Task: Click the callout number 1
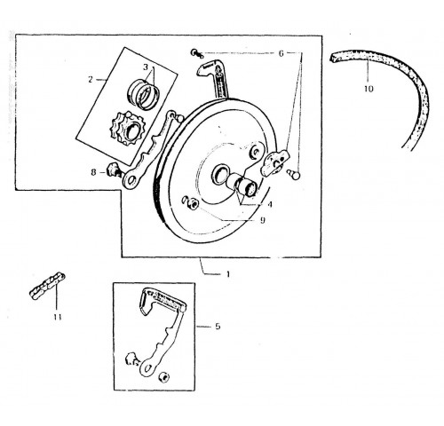[x=228, y=274]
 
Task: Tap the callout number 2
[x=91, y=79]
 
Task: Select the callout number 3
[x=146, y=67]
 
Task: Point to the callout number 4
[x=270, y=204]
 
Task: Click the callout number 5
[x=218, y=327]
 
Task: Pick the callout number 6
[x=281, y=53]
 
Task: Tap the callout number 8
[x=93, y=172]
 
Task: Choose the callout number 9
[x=263, y=220]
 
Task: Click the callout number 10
[x=369, y=89]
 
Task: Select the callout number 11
[x=58, y=317]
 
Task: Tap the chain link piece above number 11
[x=47, y=286]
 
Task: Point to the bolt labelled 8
[x=115, y=170]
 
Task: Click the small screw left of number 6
[x=197, y=53]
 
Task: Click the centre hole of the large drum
[x=219, y=174]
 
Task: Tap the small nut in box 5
[x=163, y=377]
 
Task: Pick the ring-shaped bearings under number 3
[x=144, y=94]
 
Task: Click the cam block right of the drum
[x=274, y=163]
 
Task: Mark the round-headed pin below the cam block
[x=294, y=174]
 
